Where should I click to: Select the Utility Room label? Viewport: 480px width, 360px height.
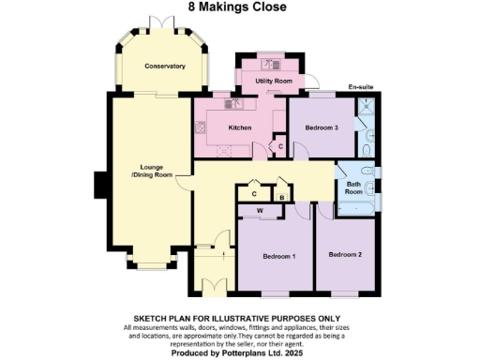(x=274, y=82)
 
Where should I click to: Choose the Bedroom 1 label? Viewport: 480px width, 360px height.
(x=278, y=256)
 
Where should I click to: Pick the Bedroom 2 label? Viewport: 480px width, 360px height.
(x=345, y=254)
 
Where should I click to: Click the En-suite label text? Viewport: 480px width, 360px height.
(x=361, y=87)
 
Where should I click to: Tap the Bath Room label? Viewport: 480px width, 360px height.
(x=353, y=187)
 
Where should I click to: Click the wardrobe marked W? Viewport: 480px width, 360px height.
(x=260, y=212)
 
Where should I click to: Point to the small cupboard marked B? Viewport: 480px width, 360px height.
(x=280, y=196)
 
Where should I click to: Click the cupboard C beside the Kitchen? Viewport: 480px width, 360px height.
(x=279, y=147)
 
